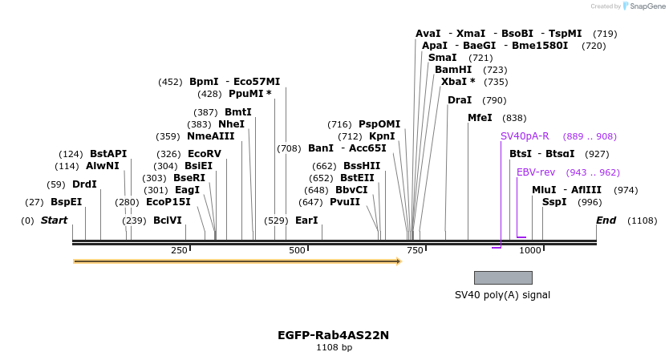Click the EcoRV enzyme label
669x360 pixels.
[204, 154]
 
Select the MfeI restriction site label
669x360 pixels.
[480, 118]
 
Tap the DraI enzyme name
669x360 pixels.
[460, 100]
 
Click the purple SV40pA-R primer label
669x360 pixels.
[525, 136]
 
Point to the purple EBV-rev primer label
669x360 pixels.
[535, 172]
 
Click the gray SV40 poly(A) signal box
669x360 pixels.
[503, 277]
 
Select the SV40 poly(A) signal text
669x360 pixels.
[502, 295]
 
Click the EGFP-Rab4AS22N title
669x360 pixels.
[333, 335]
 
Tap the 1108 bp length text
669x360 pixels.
[334, 348]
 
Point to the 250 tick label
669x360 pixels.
[179, 251]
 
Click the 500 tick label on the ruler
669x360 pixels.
[297, 251]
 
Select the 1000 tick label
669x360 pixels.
[530, 251]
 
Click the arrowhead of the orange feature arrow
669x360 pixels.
[398, 261]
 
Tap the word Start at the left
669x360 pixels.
[55, 220]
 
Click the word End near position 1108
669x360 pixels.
[606, 220]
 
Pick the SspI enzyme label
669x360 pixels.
[554, 202]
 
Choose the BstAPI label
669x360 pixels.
[108, 154]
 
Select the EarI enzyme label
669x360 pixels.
[306, 220]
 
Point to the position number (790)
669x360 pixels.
[494, 100]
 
